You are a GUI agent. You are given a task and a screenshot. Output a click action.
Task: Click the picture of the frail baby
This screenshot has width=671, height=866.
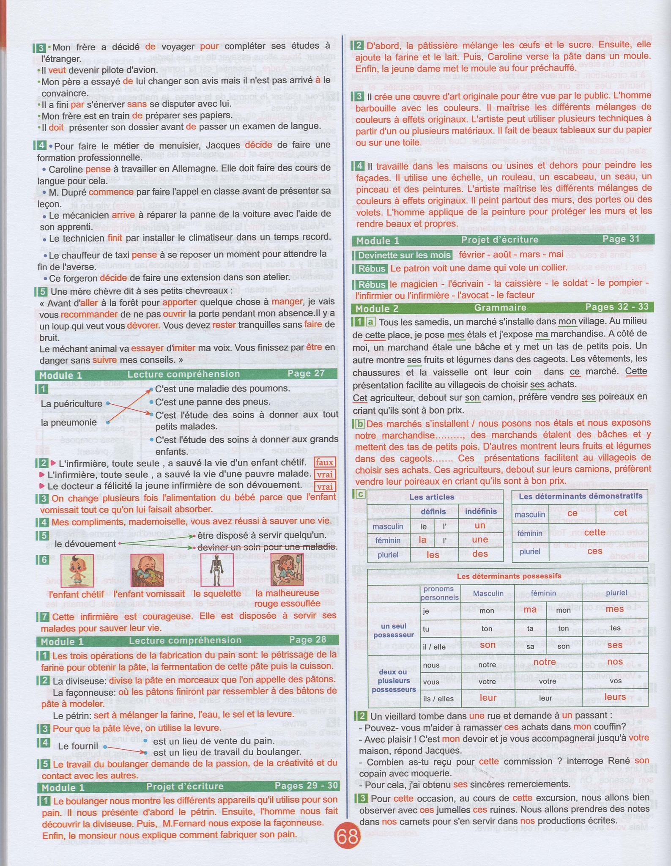coord(76,570)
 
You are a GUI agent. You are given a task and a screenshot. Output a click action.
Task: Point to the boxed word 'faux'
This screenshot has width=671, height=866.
coord(324,462)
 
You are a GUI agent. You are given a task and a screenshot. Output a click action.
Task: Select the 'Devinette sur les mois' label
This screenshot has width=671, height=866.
coord(404,255)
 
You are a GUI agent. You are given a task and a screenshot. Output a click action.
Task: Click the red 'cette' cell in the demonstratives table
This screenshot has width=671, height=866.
coord(594,532)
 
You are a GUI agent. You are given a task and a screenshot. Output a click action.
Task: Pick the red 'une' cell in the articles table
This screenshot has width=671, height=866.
coord(480,540)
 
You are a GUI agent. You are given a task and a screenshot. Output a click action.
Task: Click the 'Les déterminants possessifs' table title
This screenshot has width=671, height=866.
coord(509,576)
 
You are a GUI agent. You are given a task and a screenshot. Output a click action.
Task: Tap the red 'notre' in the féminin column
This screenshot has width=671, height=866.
coord(545,662)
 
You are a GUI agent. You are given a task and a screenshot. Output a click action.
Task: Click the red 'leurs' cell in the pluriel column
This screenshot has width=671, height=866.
coord(615,697)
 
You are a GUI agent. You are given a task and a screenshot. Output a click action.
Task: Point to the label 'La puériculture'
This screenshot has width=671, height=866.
coord(71,404)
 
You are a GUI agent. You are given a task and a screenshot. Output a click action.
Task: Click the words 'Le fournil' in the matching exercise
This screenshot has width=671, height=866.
coord(78,746)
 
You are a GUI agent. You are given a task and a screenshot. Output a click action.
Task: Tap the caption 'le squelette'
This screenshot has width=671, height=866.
coord(214,594)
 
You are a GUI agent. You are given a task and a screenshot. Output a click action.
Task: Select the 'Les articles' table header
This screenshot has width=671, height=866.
coord(432,497)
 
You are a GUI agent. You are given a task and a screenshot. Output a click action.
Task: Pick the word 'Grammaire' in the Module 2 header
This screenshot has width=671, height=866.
coord(500,308)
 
